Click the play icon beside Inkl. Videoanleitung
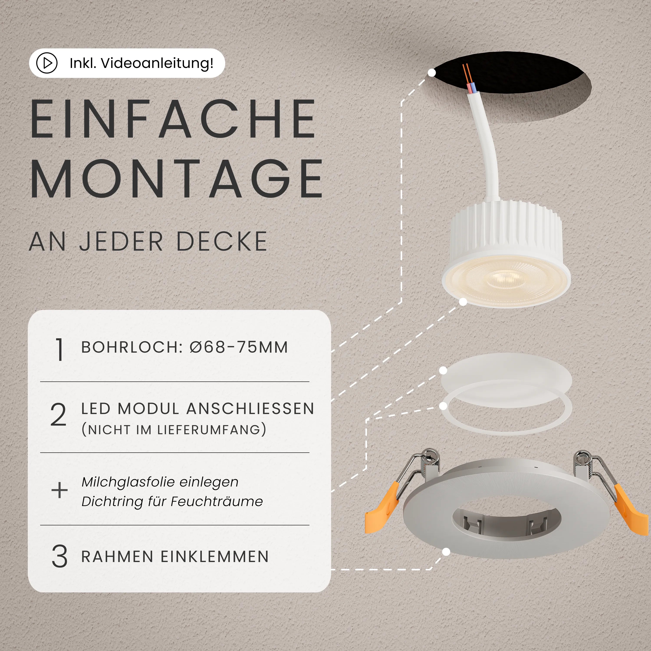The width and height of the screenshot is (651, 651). point(47,63)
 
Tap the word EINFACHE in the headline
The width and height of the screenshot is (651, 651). point(174,119)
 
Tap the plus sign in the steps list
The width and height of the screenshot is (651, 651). point(59,490)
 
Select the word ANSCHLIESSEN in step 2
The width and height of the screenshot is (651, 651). point(250,409)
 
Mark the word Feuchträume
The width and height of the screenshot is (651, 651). point(217,501)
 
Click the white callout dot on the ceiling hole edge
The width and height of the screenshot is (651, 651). point(432,72)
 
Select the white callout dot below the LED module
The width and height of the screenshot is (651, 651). point(463,302)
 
